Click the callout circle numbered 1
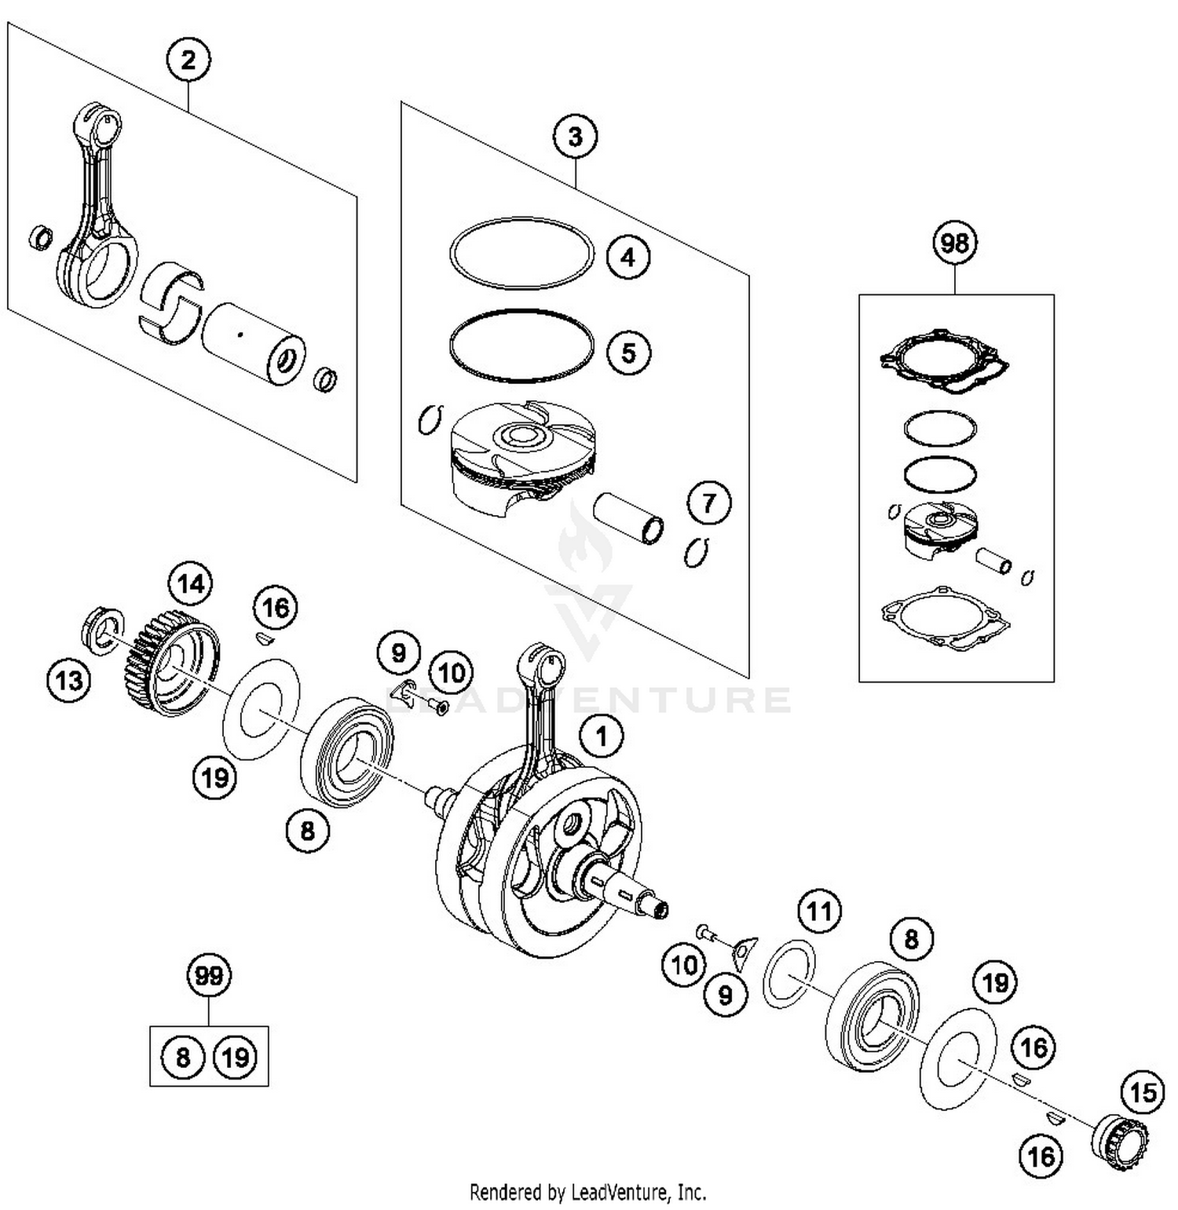(x=602, y=736)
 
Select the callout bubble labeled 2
(x=188, y=60)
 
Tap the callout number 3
(x=575, y=137)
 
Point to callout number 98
(x=955, y=243)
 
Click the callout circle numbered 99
(x=209, y=976)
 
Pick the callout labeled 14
(x=191, y=583)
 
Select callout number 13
(x=69, y=679)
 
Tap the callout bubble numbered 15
(x=1143, y=1091)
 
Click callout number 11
(x=819, y=912)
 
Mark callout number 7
(x=708, y=503)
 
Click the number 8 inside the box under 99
(x=182, y=1057)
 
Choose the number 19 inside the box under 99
(x=236, y=1057)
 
